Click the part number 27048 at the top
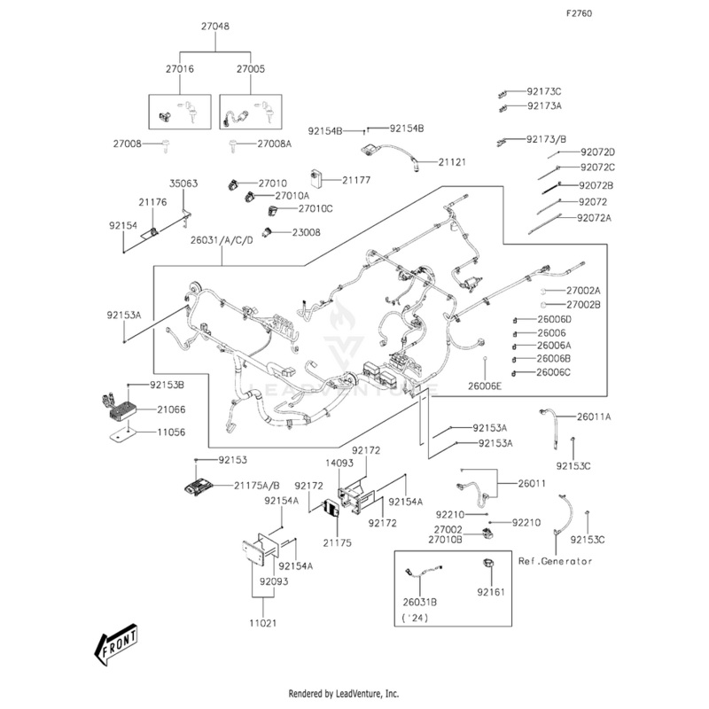click(214, 27)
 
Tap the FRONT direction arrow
click(118, 645)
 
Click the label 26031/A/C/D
click(227, 240)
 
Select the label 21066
click(171, 409)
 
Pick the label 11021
click(261, 623)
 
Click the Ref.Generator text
click(555, 561)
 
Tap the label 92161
click(490, 591)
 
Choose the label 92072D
click(597, 152)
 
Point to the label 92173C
click(544, 91)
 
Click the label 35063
click(183, 183)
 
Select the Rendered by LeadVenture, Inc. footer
click(344, 693)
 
